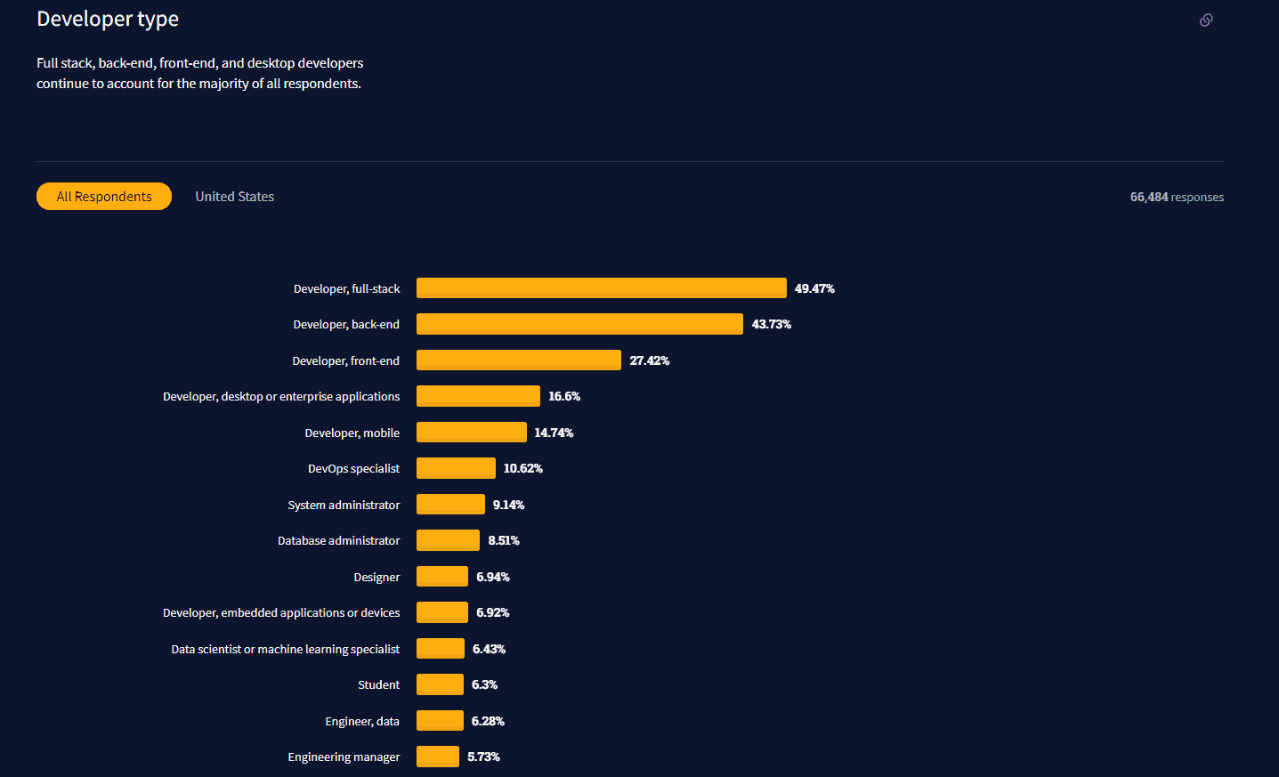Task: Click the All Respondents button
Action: [x=104, y=197]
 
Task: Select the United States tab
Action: [x=235, y=197]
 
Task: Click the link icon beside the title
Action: [x=1206, y=20]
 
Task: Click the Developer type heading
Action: [x=108, y=19]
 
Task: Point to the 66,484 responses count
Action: [x=1177, y=198]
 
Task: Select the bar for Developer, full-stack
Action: [x=601, y=288]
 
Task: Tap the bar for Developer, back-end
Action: [x=579, y=324]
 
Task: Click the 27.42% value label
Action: [x=650, y=360]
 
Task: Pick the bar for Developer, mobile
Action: [x=471, y=433]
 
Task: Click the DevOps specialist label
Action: [x=353, y=469]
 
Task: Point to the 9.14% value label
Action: [x=508, y=505]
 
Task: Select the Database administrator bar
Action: [x=448, y=540]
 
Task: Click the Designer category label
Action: [x=376, y=577]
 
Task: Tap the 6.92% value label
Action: [x=492, y=612]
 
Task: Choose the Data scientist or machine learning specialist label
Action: [x=285, y=649]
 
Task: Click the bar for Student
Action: [x=440, y=684]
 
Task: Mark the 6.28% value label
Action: [x=488, y=721]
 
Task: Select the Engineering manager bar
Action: [x=437, y=757]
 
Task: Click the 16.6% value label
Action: [x=564, y=396]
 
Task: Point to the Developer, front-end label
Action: [x=345, y=360]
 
